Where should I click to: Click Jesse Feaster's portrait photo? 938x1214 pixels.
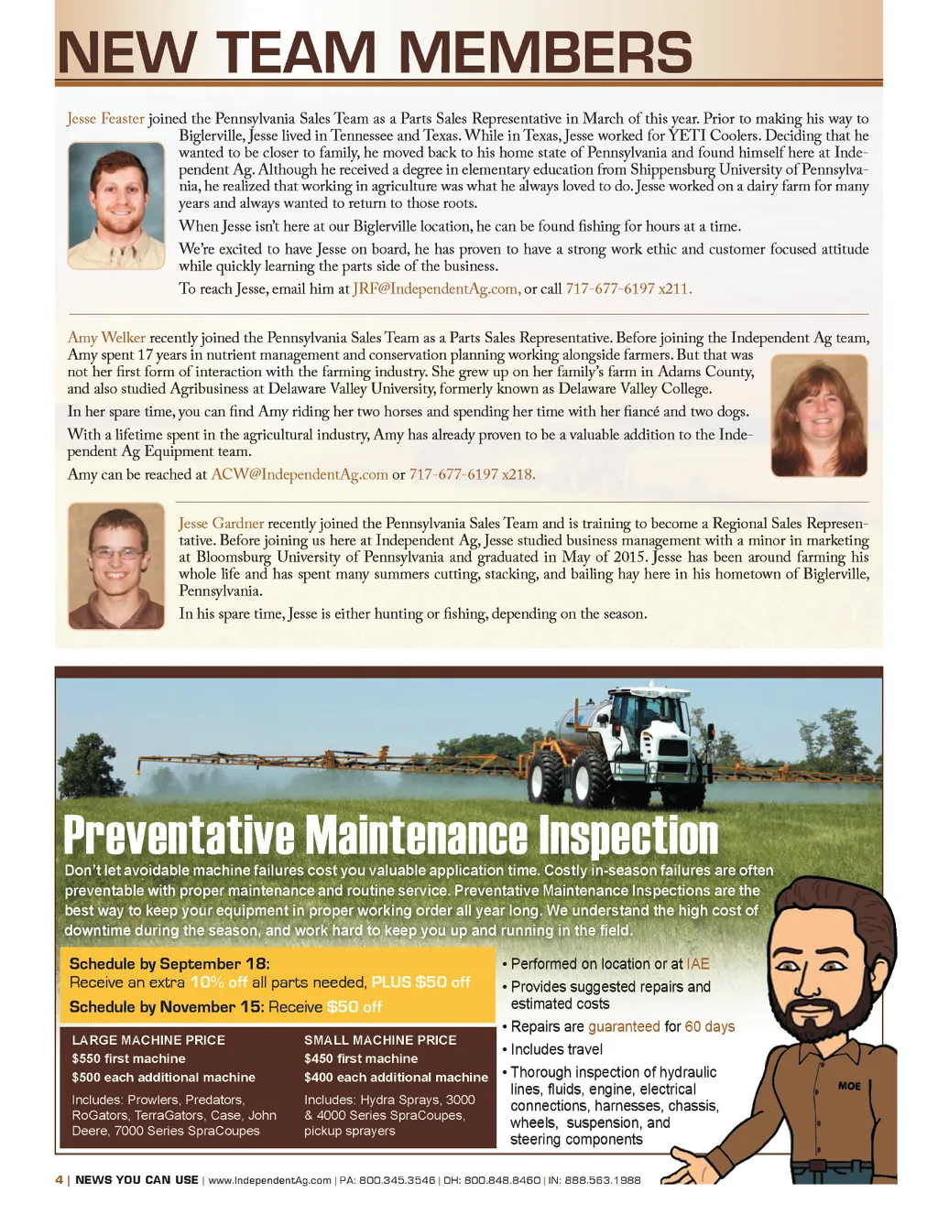115,205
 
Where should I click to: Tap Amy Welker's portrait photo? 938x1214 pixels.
819,416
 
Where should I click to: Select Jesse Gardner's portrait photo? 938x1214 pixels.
115,566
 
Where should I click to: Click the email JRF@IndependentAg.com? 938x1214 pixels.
436,289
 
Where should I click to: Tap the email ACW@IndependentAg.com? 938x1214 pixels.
300,474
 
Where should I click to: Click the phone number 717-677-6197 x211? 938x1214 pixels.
628,289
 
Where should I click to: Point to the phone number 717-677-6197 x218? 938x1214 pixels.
472,474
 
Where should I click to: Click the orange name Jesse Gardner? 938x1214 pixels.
221,524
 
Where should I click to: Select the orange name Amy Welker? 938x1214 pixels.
106,338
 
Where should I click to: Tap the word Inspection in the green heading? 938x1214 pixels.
628,835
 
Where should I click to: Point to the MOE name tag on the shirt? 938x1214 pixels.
849,1086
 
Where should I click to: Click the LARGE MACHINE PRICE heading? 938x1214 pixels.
148,1040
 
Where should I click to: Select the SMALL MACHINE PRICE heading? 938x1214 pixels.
380,1040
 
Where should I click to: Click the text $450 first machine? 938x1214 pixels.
361,1058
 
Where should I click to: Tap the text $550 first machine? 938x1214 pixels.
128,1058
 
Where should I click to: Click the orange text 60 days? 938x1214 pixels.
710,1026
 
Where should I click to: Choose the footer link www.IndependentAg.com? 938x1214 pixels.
269,1180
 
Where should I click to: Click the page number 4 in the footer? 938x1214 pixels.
60,1180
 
